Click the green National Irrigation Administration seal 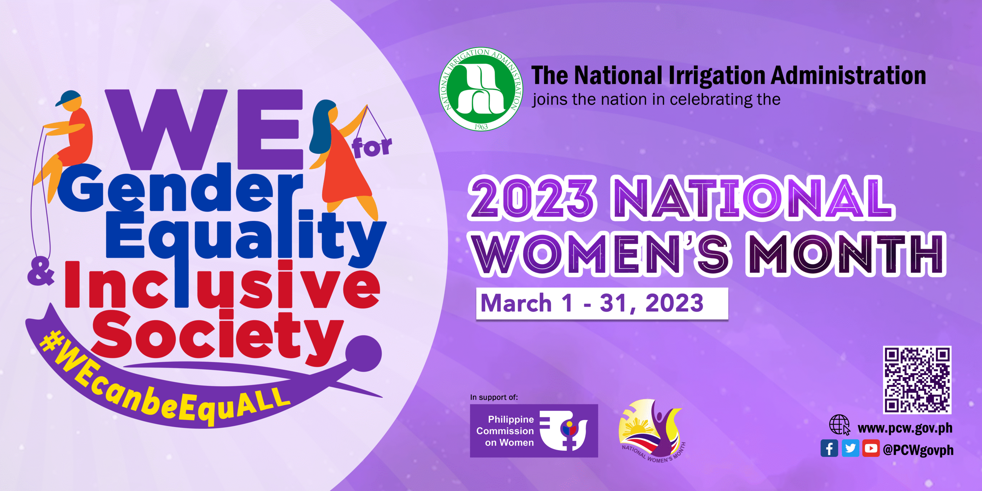tap(481, 89)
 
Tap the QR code tap(917, 380)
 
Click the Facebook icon tap(829, 448)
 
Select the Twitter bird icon tap(850, 448)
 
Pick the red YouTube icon tap(871, 448)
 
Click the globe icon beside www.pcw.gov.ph tap(840, 425)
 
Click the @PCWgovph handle tap(918, 450)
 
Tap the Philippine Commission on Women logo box tap(534, 431)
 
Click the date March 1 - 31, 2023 tap(592, 303)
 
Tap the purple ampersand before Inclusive tap(41, 272)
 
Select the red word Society tap(218, 337)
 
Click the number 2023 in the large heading tap(532, 198)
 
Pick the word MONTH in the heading tap(846, 254)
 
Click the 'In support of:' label tap(494, 397)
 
